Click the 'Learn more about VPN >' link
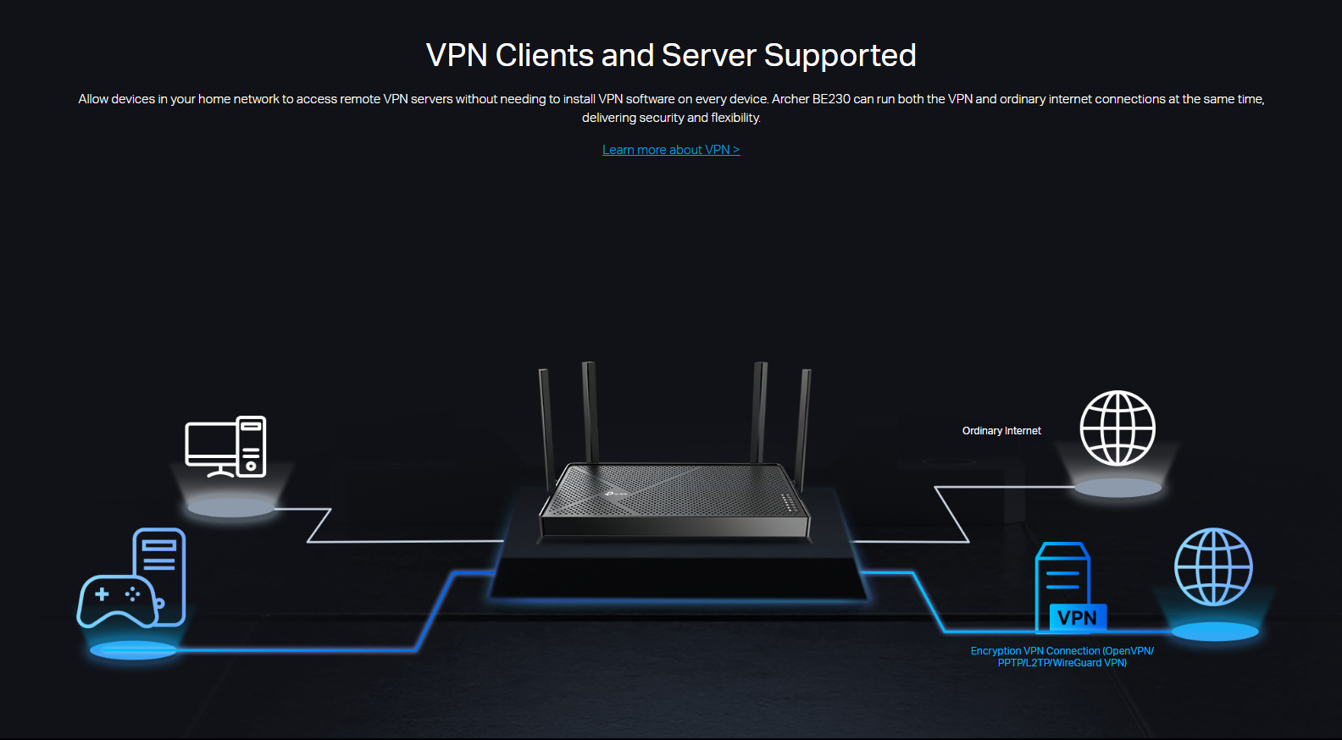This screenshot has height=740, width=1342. point(670,150)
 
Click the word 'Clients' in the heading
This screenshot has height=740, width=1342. point(544,56)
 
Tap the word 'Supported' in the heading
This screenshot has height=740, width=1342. point(840,56)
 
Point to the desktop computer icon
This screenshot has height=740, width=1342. point(225,446)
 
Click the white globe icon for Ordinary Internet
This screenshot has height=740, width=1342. point(1117,428)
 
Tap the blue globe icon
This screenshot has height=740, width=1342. point(1213,566)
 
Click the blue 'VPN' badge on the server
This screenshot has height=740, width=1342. point(1077,618)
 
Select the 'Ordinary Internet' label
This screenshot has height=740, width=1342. point(1001,431)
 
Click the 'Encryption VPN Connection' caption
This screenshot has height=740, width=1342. point(1062,657)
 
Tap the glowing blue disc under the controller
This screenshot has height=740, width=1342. point(133,650)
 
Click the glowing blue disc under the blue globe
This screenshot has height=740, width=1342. point(1214,632)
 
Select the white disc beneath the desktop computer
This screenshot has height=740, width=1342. point(230,508)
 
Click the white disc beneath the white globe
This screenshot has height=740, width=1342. point(1117,488)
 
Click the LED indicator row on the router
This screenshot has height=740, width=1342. point(788,503)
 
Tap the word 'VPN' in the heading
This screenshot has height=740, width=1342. point(457,56)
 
